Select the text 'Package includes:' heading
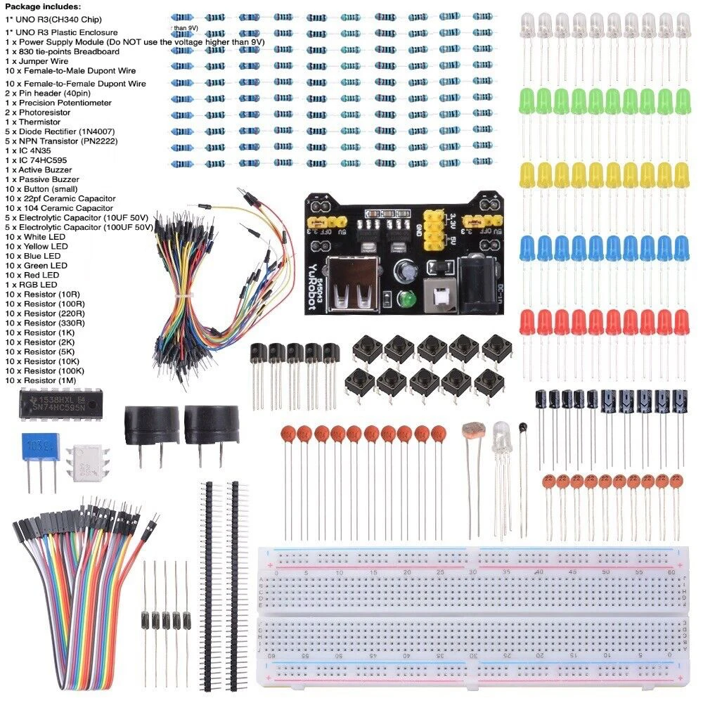pos(42,6)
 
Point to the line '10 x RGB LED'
pos(31,285)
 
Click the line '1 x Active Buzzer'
pos(41,170)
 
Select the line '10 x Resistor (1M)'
pos(44,380)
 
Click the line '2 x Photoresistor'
pos(37,112)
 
